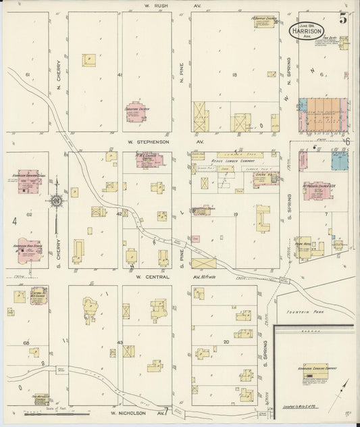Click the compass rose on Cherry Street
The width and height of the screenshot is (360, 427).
57,201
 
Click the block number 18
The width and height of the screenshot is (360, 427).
234,75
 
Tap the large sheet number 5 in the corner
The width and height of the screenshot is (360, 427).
343,18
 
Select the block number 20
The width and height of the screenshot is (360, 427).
227,341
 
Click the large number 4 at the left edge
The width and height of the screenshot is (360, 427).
14,220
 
